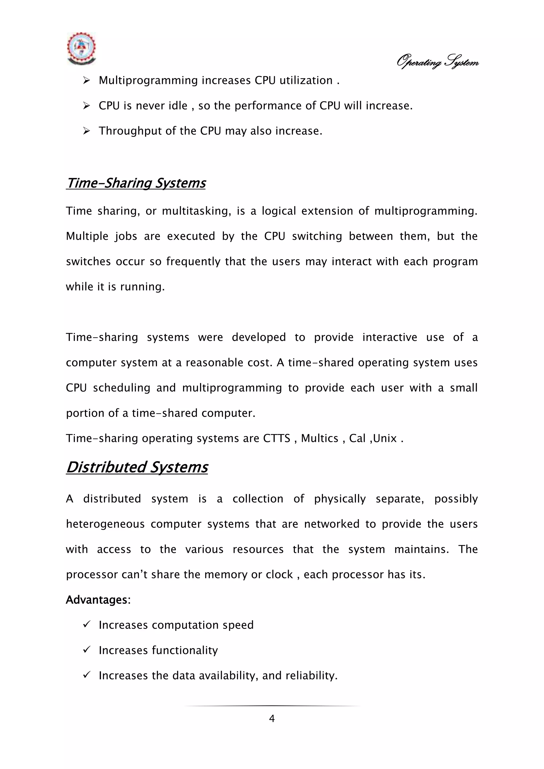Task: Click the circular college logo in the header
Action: (x=81, y=48)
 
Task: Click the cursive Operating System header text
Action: (x=437, y=62)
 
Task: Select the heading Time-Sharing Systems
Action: (x=136, y=183)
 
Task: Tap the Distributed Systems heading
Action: (x=137, y=467)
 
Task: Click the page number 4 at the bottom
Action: (x=272, y=719)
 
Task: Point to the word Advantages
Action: (x=96, y=600)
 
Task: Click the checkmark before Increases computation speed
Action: (x=86, y=624)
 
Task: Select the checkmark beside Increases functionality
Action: (x=86, y=650)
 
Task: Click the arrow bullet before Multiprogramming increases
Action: (x=86, y=80)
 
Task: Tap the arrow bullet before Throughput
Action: (x=86, y=131)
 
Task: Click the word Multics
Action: (x=320, y=438)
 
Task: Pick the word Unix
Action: (x=385, y=438)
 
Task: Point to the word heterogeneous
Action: (x=105, y=524)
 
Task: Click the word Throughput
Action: (x=130, y=131)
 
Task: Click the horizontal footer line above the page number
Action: (x=272, y=706)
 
